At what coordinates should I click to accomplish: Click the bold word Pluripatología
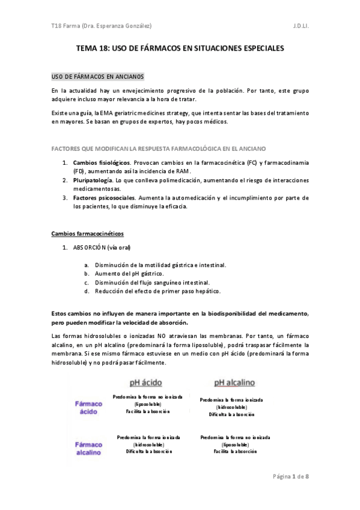tap(92, 180)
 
